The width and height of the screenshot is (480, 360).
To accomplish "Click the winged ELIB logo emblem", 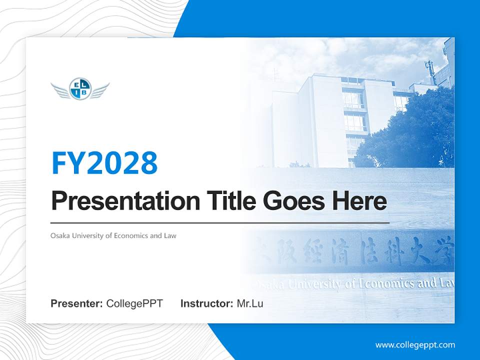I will click(x=80, y=89).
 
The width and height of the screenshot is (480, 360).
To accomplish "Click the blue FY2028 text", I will click(x=104, y=163).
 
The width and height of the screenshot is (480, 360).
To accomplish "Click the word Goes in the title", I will click(x=294, y=201).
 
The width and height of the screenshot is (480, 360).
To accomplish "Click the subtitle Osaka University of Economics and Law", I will click(x=113, y=235).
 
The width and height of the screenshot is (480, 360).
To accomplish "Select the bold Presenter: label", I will click(x=77, y=303).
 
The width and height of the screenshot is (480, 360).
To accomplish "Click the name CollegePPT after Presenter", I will click(x=134, y=303).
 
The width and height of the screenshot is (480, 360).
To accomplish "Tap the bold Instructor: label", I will click(x=206, y=303).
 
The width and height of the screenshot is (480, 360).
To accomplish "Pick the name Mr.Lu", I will click(x=249, y=303).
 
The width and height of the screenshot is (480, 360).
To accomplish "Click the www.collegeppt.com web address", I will click(x=415, y=344).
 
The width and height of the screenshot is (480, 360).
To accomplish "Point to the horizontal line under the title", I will click(x=220, y=222).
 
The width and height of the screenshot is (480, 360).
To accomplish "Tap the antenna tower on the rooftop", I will click(x=428, y=70).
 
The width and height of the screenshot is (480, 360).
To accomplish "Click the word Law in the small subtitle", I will click(x=170, y=235).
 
